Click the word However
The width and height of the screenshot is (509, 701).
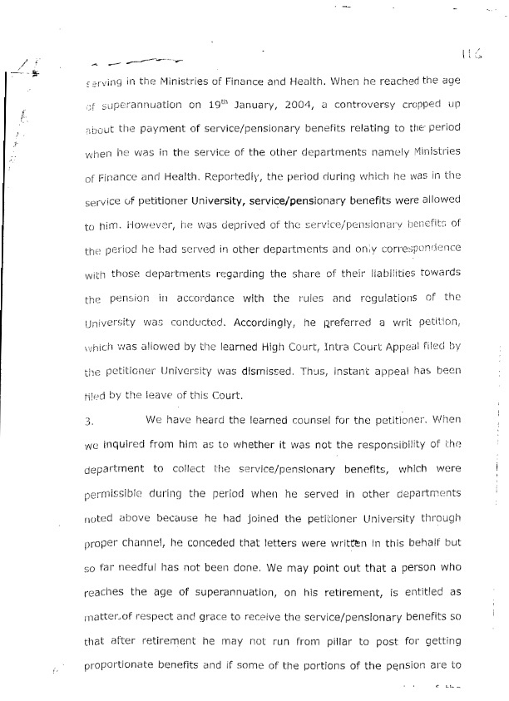click(x=131, y=225)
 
